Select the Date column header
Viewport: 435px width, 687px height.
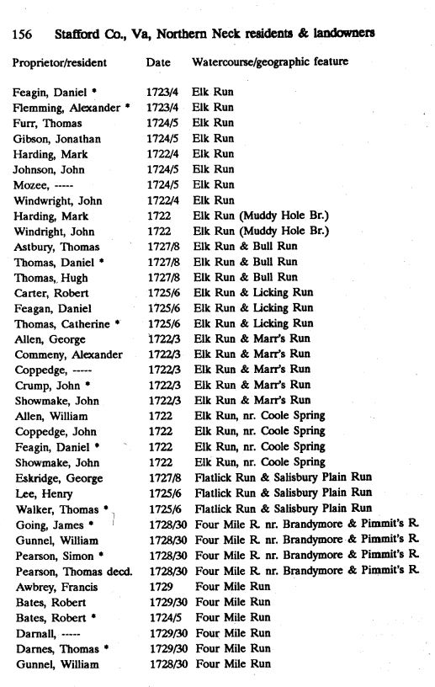[x=157, y=62]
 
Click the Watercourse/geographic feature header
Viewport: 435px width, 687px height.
[x=270, y=62]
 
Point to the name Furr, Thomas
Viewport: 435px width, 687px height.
[x=46, y=123]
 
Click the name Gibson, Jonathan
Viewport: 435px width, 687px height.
[x=53, y=139]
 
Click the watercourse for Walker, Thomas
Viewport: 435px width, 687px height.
[x=283, y=508]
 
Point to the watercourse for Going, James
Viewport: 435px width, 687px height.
[x=306, y=524]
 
